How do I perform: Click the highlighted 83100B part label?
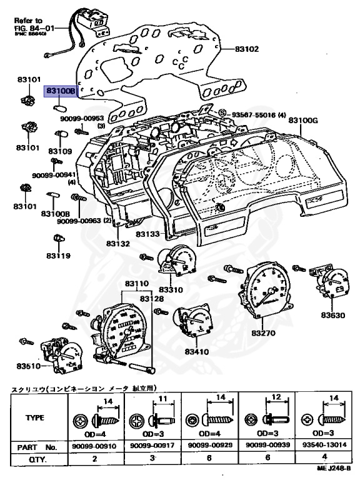pyautogui.click(x=60, y=91)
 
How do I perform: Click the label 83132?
pyautogui.click(x=117, y=243)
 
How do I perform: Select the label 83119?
pyautogui.click(x=57, y=256)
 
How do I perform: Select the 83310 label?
pyautogui.click(x=171, y=289)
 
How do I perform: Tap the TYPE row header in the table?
pyautogui.click(x=36, y=418)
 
